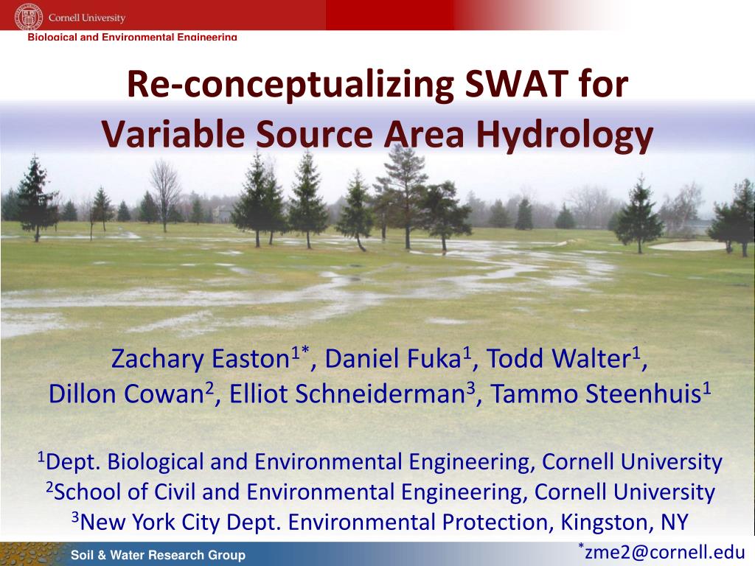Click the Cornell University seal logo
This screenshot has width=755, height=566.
[29, 18]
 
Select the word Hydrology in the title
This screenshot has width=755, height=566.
[564, 135]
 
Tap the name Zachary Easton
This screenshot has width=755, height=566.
[200, 359]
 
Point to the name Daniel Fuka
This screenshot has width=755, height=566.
[393, 359]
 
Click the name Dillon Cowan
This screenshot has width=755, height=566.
[127, 394]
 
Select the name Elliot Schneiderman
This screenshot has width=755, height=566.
[347, 394]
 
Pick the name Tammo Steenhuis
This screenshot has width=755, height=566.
[595, 394]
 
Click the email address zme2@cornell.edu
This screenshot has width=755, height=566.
[665, 552]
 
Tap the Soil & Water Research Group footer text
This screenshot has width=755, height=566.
[158, 555]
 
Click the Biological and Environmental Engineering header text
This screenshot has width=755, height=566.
[133, 37]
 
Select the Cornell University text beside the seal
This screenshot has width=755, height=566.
[87, 18]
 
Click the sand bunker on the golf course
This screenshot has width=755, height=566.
[687, 246]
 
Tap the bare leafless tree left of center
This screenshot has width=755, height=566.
[165, 195]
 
